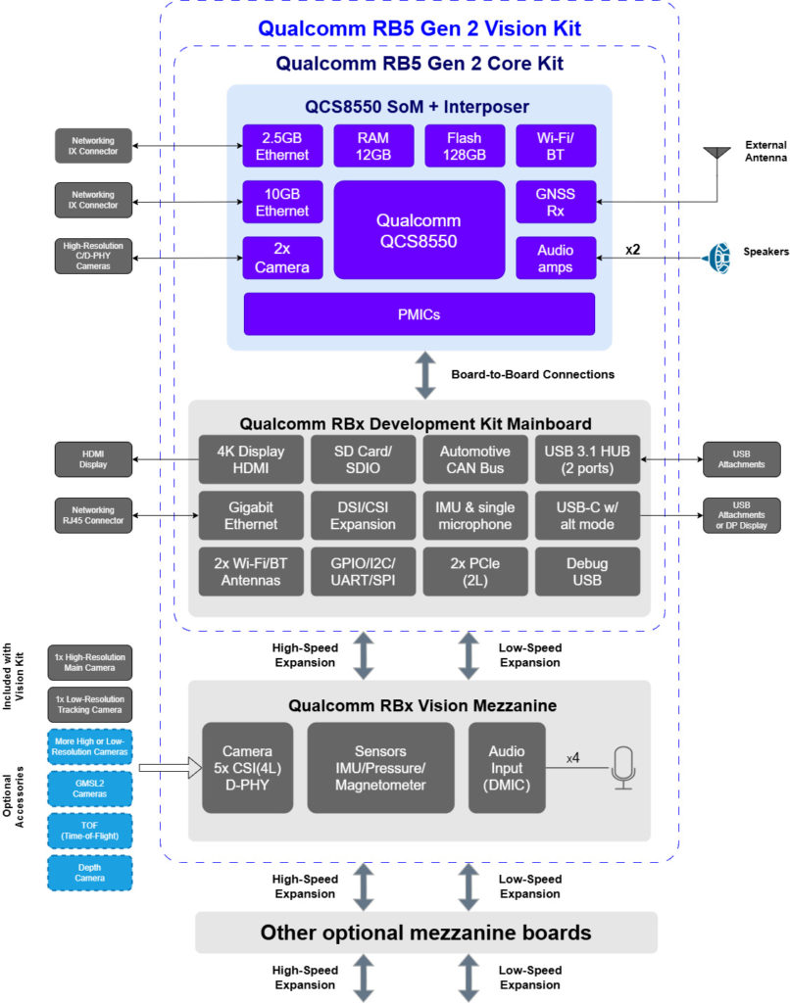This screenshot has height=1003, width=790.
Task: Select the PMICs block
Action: click(420, 313)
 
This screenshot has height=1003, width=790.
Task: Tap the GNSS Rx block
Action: click(556, 202)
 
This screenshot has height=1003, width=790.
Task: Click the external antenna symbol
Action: click(717, 154)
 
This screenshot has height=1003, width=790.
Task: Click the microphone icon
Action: click(623, 767)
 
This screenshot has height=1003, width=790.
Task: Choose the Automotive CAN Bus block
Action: click(474, 459)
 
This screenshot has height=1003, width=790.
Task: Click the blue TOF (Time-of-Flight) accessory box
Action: click(90, 833)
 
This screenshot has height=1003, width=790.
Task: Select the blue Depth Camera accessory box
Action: click(90, 874)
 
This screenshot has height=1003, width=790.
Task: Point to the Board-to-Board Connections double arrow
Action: click(425, 375)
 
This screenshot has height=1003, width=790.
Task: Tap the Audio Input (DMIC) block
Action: click(507, 768)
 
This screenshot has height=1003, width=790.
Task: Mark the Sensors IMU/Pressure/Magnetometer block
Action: click(381, 768)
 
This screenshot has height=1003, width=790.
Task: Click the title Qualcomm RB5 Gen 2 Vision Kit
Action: click(420, 28)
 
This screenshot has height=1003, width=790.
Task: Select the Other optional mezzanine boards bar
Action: click(425, 932)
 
